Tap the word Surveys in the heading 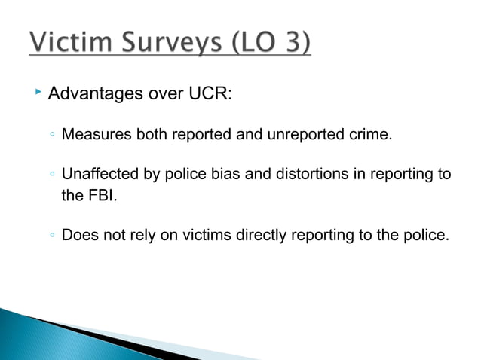pos(167,43)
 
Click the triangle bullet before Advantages pos(38,95)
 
